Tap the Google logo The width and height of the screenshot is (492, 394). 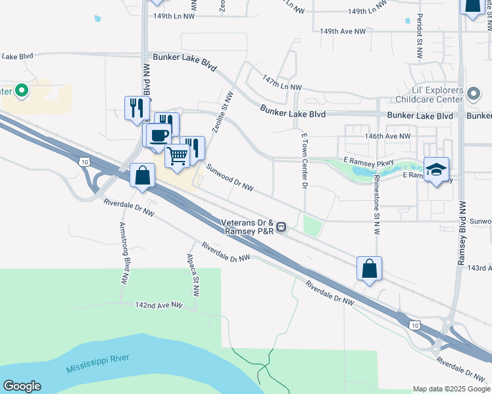click(x=22, y=386)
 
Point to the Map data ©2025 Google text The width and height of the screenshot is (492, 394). click(x=451, y=389)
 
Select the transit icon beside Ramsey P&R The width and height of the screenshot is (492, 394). click(x=281, y=227)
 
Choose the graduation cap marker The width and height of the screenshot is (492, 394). click(x=436, y=170)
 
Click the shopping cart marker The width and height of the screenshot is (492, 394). click(x=177, y=156)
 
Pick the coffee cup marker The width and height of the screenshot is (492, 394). click(x=158, y=135)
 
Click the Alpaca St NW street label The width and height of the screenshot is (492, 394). click(x=193, y=274)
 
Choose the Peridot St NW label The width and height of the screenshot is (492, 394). click(x=418, y=37)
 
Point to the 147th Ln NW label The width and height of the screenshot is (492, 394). click(x=282, y=82)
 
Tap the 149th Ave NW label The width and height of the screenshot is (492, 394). click(x=343, y=31)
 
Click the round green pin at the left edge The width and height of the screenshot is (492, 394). click(x=21, y=91)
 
